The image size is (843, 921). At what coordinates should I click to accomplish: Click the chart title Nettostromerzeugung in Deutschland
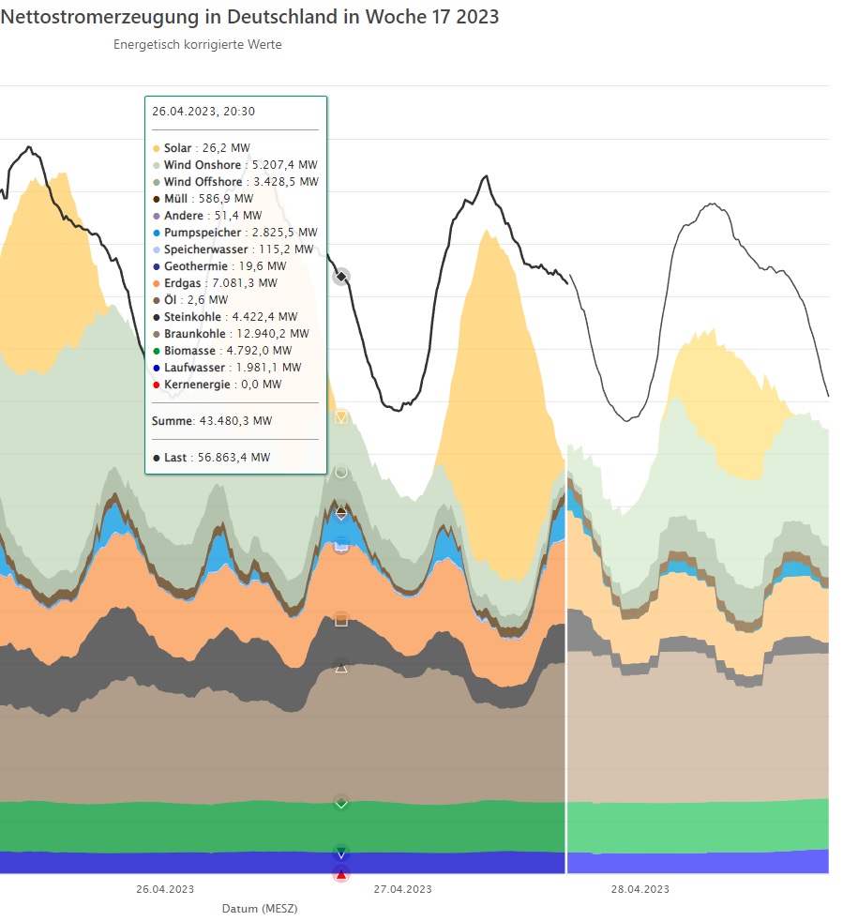pyautogui.click(x=248, y=17)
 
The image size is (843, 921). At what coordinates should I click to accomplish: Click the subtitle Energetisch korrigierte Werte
pyautogui.click(x=197, y=44)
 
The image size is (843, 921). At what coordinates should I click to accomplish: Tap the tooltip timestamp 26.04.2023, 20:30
pyautogui.click(x=203, y=111)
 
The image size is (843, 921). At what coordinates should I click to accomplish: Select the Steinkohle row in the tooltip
pyautogui.click(x=224, y=317)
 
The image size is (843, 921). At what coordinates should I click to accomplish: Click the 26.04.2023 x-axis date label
pyautogui.click(x=165, y=889)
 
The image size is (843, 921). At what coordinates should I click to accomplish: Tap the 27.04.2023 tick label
pyautogui.click(x=403, y=889)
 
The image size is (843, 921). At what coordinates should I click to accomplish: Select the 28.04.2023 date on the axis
pyautogui.click(x=640, y=889)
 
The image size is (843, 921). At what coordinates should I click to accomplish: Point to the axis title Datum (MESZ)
pyautogui.click(x=260, y=909)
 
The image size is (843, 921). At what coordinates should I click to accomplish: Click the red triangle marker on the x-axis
pyautogui.click(x=341, y=874)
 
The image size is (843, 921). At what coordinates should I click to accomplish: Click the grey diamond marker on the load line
pyautogui.click(x=341, y=277)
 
